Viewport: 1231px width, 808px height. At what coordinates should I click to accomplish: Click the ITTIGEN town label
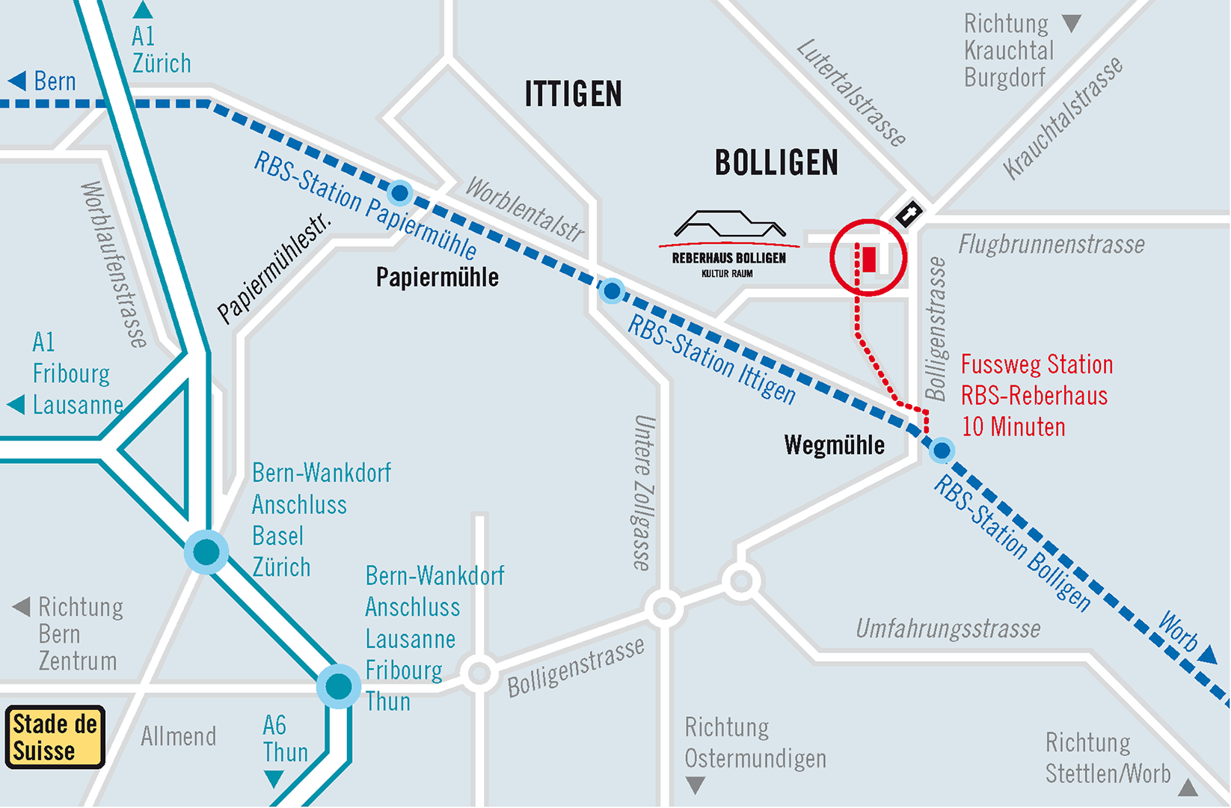[573, 94]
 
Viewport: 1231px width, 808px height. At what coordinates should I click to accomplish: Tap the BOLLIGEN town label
[776, 163]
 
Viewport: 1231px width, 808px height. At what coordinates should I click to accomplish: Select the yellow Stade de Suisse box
[55, 737]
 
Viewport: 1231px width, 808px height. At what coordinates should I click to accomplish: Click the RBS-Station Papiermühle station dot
[400, 194]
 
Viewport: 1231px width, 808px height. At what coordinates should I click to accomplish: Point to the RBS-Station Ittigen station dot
[612, 290]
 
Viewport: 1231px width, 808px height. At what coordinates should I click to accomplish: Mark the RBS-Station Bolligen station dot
[942, 450]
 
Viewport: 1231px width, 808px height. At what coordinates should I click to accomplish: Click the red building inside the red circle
[869, 259]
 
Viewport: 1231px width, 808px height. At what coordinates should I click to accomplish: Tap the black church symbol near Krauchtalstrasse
[909, 214]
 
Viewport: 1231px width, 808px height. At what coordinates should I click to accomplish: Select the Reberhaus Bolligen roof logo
[729, 224]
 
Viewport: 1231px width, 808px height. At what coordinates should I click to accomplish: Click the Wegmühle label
[834, 446]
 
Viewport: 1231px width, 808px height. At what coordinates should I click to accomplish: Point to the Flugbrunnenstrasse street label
[1051, 245]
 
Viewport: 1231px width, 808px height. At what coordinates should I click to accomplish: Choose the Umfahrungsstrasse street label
[948, 629]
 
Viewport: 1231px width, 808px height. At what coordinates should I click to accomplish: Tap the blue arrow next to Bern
[17, 81]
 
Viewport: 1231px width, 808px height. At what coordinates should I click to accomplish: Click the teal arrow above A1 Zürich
[142, 10]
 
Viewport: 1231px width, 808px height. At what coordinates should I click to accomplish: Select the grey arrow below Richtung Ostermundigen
[696, 785]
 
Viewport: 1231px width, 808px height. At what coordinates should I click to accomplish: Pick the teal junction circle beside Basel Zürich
[206, 552]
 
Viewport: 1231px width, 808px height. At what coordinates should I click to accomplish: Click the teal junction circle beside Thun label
[339, 685]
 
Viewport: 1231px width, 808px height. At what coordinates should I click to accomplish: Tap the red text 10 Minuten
[1013, 427]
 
